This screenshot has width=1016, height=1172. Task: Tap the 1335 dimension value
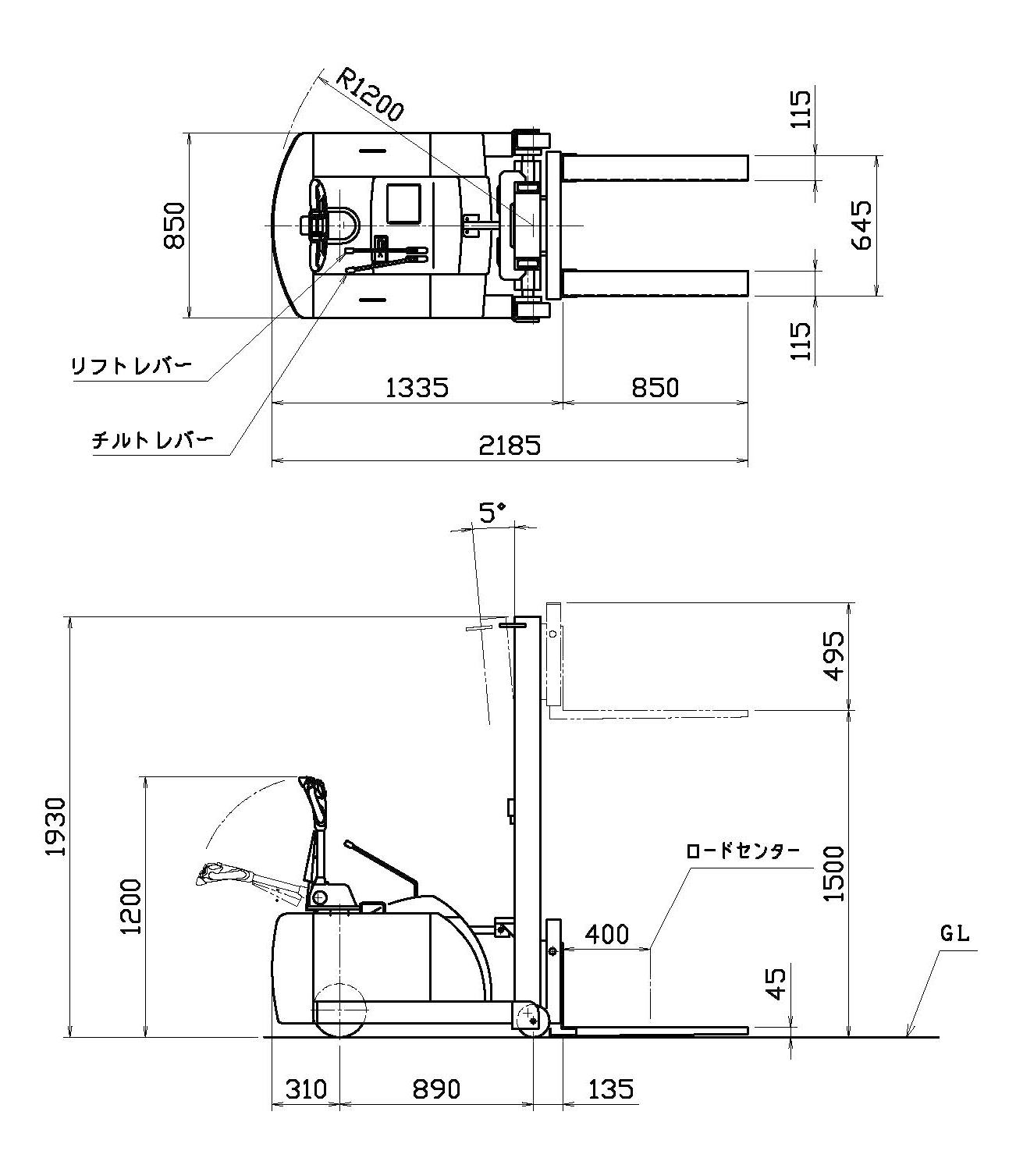[x=417, y=388]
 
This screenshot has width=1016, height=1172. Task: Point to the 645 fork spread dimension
[x=861, y=226]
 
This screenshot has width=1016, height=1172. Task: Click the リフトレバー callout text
[x=130, y=366]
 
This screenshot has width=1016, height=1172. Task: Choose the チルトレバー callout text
[x=152, y=441]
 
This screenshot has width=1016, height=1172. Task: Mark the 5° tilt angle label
[x=492, y=513]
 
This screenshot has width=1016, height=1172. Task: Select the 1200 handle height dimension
[x=130, y=906]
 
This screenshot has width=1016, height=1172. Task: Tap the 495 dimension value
[x=834, y=656]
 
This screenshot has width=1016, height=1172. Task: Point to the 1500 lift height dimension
[x=834, y=873]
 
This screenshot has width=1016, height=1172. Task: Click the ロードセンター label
[x=742, y=851]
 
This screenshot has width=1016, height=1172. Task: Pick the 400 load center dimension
[x=606, y=934]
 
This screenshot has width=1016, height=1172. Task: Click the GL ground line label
[x=954, y=934]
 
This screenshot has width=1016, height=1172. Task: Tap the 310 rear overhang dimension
[x=305, y=1089]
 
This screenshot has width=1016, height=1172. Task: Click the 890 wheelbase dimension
[x=436, y=1089]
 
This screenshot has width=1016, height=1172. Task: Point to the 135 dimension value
[x=611, y=1089]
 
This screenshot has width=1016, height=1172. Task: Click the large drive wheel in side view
[x=340, y=1010]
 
